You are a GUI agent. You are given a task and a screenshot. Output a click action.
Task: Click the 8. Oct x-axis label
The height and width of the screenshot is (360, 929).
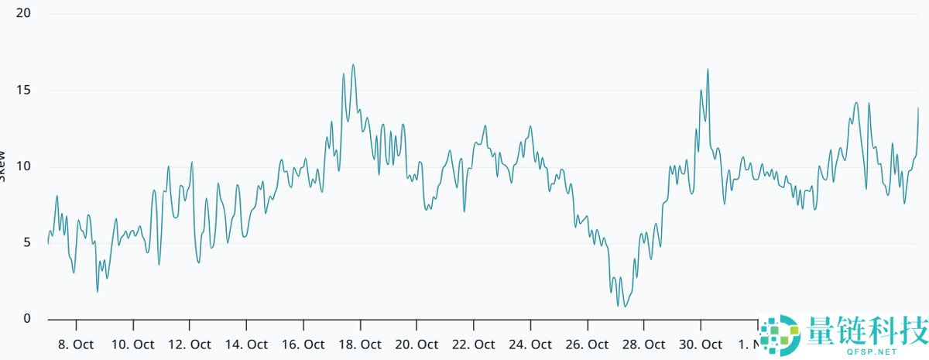tap(77, 345)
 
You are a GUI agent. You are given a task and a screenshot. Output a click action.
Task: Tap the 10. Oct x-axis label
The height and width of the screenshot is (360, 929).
tap(133, 345)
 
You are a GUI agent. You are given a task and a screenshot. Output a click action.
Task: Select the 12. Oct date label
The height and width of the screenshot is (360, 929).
tap(190, 345)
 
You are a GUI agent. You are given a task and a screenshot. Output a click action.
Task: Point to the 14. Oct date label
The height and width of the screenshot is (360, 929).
tap(247, 345)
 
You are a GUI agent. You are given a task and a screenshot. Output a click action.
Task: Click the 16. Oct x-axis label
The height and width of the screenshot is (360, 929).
tap(303, 345)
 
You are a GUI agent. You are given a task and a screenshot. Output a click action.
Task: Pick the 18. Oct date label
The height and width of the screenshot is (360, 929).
tap(360, 345)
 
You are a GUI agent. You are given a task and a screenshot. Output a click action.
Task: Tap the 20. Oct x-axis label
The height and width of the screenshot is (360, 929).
tap(417, 345)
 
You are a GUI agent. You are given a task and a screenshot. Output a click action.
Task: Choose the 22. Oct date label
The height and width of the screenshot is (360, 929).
tap(474, 345)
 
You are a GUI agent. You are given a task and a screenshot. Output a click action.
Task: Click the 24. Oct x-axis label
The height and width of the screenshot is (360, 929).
tap(531, 345)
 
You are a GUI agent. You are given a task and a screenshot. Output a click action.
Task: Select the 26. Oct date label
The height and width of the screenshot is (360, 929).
tap(588, 345)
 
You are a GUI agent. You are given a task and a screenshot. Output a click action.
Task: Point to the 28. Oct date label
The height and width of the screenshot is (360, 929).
tap(644, 345)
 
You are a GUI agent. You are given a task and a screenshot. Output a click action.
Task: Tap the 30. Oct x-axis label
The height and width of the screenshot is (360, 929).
tap(701, 345)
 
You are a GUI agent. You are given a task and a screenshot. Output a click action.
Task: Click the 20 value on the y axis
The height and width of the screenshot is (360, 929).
tap(23, 14)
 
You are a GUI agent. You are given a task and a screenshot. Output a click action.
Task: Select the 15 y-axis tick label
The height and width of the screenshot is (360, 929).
tap(23, 91)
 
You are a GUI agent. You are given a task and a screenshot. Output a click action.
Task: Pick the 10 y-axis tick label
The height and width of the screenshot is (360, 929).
tap(23, 166)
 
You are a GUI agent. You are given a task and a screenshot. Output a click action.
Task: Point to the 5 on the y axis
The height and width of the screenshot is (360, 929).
tap(26, 243)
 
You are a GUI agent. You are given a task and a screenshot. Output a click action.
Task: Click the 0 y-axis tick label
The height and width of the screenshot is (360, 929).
tap(26, 319)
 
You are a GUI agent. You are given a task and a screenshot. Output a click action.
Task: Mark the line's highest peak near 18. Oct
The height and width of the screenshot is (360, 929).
tap(353, 65)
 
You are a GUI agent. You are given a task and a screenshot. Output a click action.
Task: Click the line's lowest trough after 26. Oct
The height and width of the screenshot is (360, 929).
tap(625, 307)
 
